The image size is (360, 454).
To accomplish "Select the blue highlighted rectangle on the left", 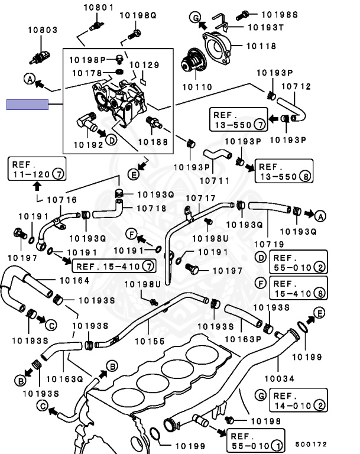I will [x=27, y=105].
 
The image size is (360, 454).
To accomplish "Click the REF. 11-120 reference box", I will [x=37, y=168].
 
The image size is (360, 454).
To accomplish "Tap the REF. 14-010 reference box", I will [x=299, y=400].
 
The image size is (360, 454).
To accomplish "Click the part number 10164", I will [x=75, y=280].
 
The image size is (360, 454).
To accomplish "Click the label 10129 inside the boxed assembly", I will [x=144, y=64].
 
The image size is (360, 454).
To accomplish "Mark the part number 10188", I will [x=153, y=142].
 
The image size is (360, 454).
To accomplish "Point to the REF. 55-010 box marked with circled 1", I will [x=255, y=439].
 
